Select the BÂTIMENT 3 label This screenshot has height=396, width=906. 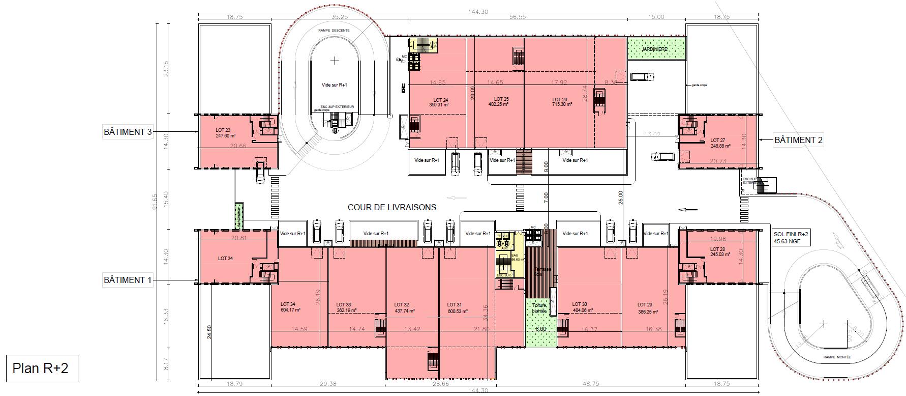point(128,132)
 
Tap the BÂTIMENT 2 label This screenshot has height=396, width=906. point(798,139)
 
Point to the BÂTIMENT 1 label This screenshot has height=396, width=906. point(128,280)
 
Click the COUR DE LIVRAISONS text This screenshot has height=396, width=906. point(391,207)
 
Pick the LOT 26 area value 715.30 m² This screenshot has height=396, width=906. point(559,104)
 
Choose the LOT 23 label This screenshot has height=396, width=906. point(224,130)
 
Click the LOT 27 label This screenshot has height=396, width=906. point(717,140)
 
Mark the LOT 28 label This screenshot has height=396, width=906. point(717,249)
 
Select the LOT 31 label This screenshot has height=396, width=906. point(454,305)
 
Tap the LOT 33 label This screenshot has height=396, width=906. point(344,305)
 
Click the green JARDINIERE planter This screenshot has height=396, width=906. point(656,49)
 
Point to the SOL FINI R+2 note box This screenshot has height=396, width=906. point(791,238)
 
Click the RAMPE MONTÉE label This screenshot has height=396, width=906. point(836,358)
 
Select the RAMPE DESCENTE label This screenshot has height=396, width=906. point(334,31)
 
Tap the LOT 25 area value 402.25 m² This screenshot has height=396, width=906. point(501,104)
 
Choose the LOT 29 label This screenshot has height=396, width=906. point(645,305)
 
